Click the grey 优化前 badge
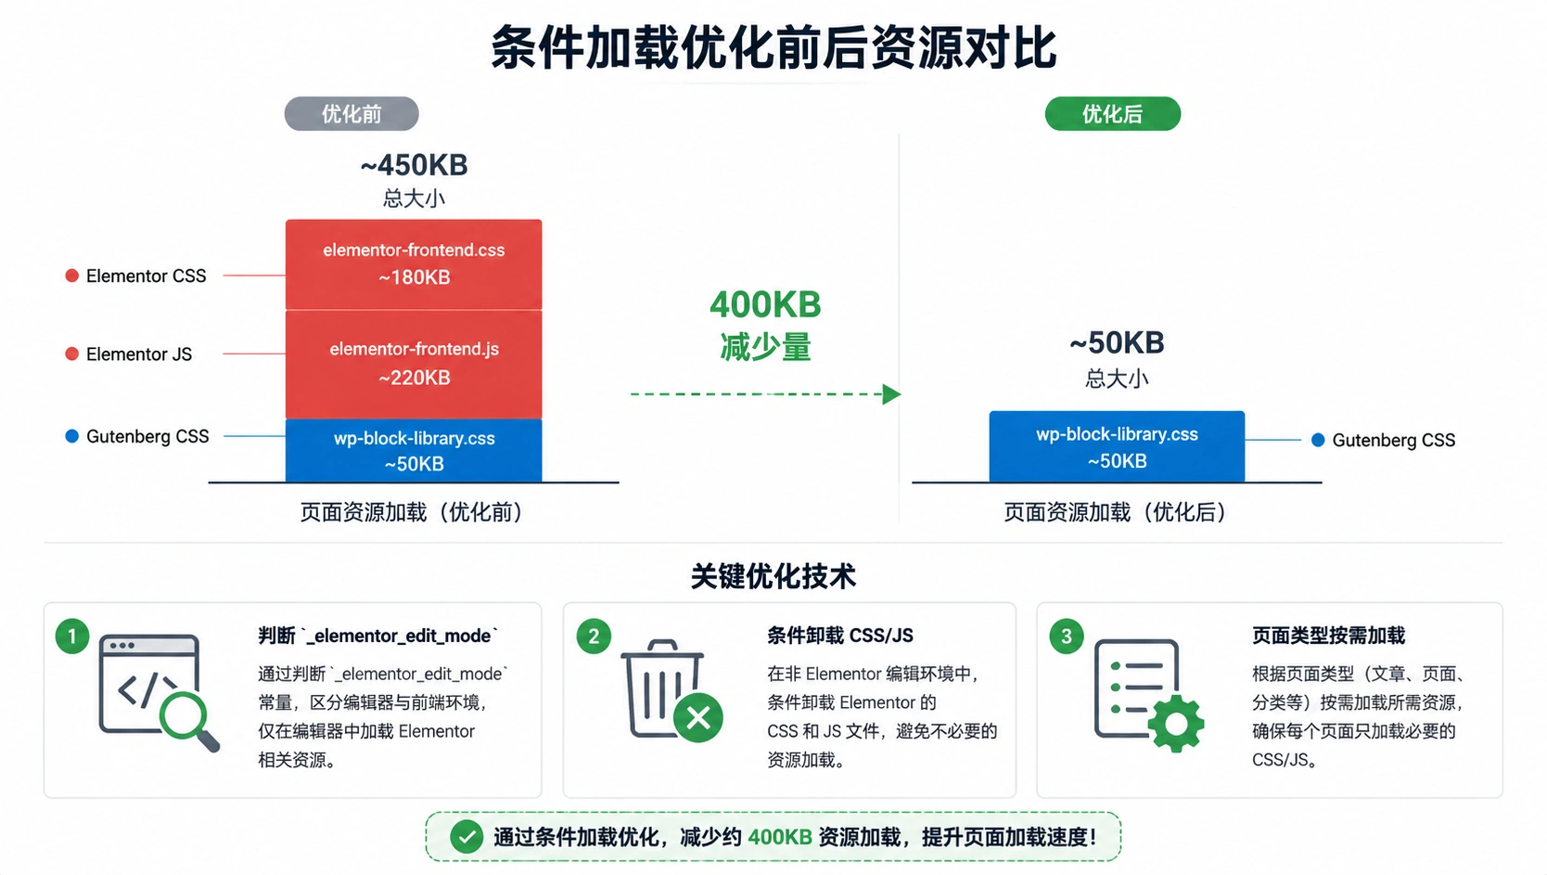click(352, 114)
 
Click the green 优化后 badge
click(1113, 114)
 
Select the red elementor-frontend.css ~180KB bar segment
click(414, 264)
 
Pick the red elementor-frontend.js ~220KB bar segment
click(414, 364)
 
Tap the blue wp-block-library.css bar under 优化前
click(414, 450)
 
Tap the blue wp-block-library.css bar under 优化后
click(1117, 446)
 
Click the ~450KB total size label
click(415, 165)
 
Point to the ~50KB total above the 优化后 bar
click(1117, 342)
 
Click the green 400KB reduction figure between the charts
click(765, 304)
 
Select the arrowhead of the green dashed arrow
click(892, 394)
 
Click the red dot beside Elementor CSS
click(71, 276)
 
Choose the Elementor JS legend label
click(139, 354)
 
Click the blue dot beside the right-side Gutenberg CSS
click(1318, 440)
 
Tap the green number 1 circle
click(71, 636)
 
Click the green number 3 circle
click(1067, 636)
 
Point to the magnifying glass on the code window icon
click(188, 720)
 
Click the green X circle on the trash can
click(698, 717)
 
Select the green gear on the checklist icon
click(1175, 724)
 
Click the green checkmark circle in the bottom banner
click(467, 837)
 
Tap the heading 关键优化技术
click(773, 576)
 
